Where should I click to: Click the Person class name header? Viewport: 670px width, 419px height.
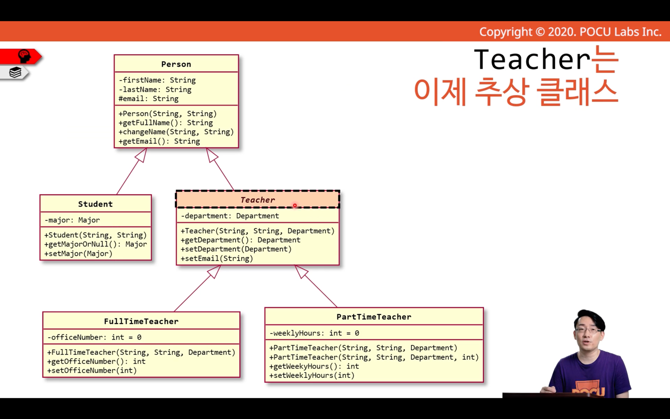[x=176, y=64]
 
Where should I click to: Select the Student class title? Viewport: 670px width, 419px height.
[x=95, y=204]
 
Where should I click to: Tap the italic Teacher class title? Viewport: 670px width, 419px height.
[x=257, y=200]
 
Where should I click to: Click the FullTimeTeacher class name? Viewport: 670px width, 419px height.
[x=141, y=321]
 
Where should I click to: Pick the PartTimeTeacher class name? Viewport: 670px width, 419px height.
[x=374, y=317]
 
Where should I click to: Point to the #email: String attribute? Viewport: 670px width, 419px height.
[x=148, y=99]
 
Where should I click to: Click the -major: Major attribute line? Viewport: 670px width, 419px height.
[x=72, y=220]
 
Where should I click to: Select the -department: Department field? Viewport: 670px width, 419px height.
[x=230, y=216]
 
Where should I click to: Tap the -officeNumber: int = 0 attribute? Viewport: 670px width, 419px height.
[x=94, y=337]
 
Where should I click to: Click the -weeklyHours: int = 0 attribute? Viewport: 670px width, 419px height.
[x=314, y=333]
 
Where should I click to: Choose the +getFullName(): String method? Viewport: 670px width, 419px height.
[x=166, y=123]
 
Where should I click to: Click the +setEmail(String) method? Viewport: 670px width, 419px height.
[x=217, y=258]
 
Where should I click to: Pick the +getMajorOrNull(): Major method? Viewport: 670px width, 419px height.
[x=96, y=244]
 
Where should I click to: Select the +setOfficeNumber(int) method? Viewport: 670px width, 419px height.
[x=92, y=371]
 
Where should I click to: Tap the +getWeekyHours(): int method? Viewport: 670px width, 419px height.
[x=314, y=366]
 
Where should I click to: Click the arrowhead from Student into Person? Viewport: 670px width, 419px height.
[x=141, y=155]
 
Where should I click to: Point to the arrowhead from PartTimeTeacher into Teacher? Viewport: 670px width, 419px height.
[x=301, y=271]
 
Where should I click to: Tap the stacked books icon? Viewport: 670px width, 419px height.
[x=15, y=72]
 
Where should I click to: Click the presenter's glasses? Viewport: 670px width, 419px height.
[x=588, y=330]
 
